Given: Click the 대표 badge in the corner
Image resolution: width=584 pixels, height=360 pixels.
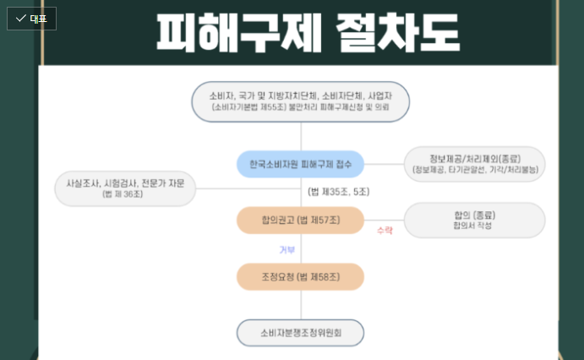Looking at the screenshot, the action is click(x=31, y=18).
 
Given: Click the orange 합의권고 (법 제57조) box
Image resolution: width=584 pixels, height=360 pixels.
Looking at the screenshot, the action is click(x=300, y=221).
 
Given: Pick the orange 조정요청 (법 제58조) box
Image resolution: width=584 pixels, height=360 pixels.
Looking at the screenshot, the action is click(x=300, y=276).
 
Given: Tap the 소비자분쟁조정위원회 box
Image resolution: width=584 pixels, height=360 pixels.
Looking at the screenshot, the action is click(x=300, y=333).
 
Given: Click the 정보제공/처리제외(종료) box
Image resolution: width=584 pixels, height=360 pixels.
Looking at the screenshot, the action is click(x=474, y=164).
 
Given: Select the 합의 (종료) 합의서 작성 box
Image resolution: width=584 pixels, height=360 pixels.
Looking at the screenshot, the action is click(x=474, y=220).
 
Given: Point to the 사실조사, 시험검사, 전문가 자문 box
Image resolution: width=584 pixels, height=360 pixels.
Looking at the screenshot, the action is click(x=125, y=188).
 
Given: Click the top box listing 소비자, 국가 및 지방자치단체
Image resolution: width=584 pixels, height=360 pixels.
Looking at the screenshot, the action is click(x=300, y=101).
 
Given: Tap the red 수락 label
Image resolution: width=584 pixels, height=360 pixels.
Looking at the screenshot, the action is click(x=385, y=230).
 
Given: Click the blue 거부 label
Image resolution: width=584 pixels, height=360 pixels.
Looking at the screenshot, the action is click(x=287, y=249).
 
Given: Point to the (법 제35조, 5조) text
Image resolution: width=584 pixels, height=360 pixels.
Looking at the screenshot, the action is click(x=338, y=192).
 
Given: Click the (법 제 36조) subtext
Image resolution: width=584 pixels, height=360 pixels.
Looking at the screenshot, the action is click(x=124, y=194).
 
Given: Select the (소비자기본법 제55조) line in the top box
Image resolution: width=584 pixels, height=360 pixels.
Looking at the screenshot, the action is click(x=246, y=108).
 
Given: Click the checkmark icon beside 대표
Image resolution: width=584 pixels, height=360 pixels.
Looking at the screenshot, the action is click(x=20, y=18).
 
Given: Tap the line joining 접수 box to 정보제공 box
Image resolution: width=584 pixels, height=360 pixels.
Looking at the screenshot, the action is click(x=384, y=163).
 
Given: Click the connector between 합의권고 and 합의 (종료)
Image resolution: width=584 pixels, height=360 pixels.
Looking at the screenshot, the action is click(x=384, y=220).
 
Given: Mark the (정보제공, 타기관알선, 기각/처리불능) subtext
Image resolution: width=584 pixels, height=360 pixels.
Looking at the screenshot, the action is click(x=474, y=170).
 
